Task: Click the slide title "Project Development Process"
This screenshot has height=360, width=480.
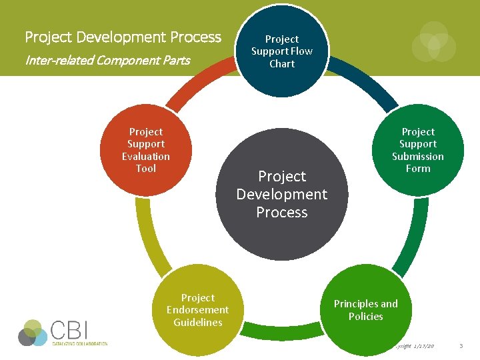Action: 123,37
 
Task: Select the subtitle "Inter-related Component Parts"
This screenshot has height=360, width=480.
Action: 107,61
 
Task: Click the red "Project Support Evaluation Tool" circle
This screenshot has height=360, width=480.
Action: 146,150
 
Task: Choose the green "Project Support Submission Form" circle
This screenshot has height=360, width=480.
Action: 418,150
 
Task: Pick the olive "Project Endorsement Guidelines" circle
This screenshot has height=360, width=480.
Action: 197,310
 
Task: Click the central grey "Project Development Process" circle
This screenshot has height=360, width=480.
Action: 282,194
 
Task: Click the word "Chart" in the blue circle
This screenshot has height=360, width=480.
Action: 282,64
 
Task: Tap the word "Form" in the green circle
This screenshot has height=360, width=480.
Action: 418,169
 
